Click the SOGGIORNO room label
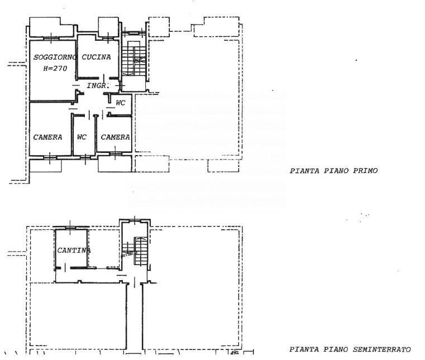pyautogui.click(x=55, y=57)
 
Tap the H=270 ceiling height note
pyautogui.click(x=55, y=69)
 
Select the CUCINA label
pyautogui.click(x=96, y=57)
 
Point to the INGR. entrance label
pyautogui.click(x=98, y=85)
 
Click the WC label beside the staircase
pyautogui.click(x=120, y=103)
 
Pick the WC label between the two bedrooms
pyautogui.click(x=82, y=137)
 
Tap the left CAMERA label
pyautogui.click(x=47, y=137)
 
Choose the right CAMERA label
pyautogui.click(x=115, y=137)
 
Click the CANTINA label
pyautogui.click(x=74, y=251)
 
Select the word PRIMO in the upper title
pyautogui.click(x=365, y=171)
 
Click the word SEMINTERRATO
pyautogui.click(x=381, y=349)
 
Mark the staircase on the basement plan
pyautogui.click(x=135, y=251)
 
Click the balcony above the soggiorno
pyautogui.click(x=51, y=27)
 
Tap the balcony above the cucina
pyautogui.click(x=108, y=27)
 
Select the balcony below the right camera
pyautogui.click(x=114, y=164)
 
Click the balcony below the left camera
pyautogui.click(x=45, y=166)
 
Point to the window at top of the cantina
pyautogui.click(x=71, y=227)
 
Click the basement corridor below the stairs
pyautogui.click(x=135, y=317)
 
